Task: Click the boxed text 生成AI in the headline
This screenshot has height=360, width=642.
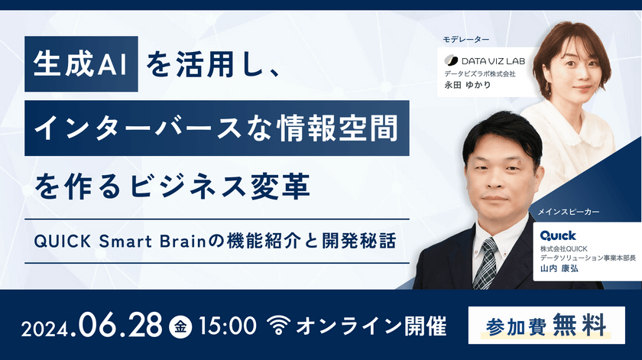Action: pyautogui.click(x=81, y=63)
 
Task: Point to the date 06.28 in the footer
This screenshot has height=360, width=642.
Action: pyautogui.click(x=122, y=325)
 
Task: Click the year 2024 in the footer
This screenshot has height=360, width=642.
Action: pyautogui.click(x=47, y=327)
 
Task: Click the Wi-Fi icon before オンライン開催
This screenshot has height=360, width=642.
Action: pyautogui.click(x=280, y=326)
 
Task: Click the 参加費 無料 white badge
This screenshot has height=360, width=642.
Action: pyautogui.click(x=545, y=324)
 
